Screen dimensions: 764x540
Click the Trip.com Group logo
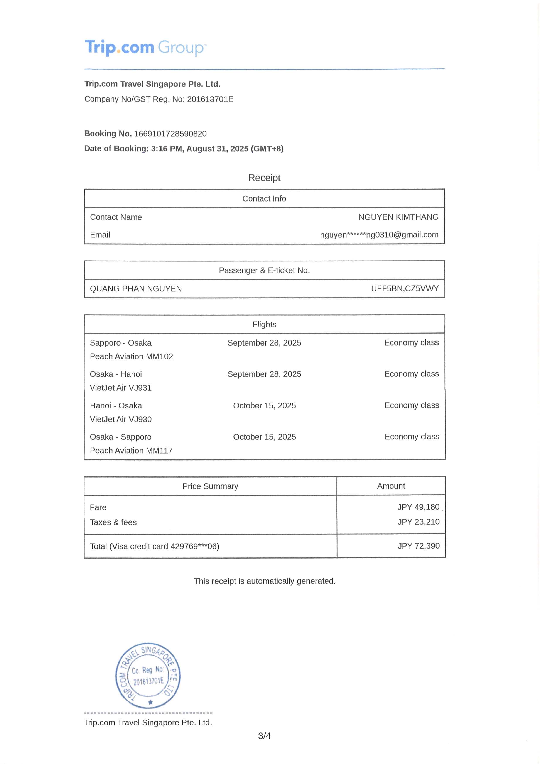click(x=146, y=47)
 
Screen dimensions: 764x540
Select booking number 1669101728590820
click(x=170, y=134)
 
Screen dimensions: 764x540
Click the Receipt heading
click(x=264, y=178)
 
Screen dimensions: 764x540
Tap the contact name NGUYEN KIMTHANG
click(x=398, y=217)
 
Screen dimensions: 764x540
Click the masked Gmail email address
click(x=379, y=235)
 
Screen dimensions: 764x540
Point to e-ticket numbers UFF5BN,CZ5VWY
click(x=405, y=288)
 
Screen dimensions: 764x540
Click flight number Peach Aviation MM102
click(x=131, y=356)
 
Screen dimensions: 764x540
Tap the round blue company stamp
click(x=148, y=676)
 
